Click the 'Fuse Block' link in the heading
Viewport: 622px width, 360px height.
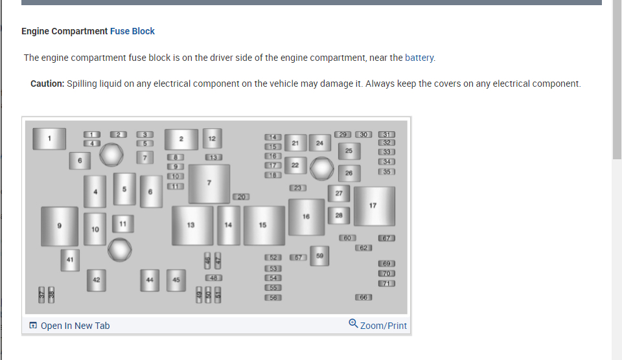[x=132, y=31]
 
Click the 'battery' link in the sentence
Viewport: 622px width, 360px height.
[x=419, y=58]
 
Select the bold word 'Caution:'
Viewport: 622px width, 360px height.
[x=47, y=84]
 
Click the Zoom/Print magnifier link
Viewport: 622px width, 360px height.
[x=378, y=325]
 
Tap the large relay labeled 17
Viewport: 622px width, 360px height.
[x=373, y=206]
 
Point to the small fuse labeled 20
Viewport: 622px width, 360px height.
[x=240, y=196]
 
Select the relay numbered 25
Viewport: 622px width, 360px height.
[x=349, y=151]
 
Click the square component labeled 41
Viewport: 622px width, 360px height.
[x=70, y=259]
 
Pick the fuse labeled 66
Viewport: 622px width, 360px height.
[x=363, y=297]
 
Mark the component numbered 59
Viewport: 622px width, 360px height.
[x=319, y=256]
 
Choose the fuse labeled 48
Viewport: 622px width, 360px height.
[x=214, y=278]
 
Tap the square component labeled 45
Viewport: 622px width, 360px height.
[x=176, y=280]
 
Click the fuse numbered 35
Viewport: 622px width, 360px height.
[x=387, y=172]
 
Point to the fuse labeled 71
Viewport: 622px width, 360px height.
[x=387, y=284]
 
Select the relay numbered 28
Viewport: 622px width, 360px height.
[x=339, y=215]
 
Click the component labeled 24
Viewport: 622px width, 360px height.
[x=319, y=143]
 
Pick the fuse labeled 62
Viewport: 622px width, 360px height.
[x=363, y=248]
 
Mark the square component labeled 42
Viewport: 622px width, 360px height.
[x=96, y=280]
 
